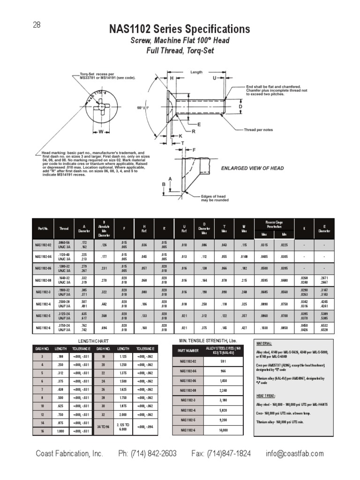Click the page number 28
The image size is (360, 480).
(36, 25)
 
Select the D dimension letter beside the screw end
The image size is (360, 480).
(240, 107)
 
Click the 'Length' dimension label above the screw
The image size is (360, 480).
(196, 72)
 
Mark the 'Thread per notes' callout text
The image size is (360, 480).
(259, 129)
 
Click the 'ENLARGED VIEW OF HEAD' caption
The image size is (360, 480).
(252, 168)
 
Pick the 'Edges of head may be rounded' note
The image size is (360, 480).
(215, 198)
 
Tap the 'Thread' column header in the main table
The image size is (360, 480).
(64, 228)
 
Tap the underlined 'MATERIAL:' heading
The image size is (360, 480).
(263, 343)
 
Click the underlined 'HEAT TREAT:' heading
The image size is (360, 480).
(265, 395)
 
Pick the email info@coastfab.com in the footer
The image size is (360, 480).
(294, 453)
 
